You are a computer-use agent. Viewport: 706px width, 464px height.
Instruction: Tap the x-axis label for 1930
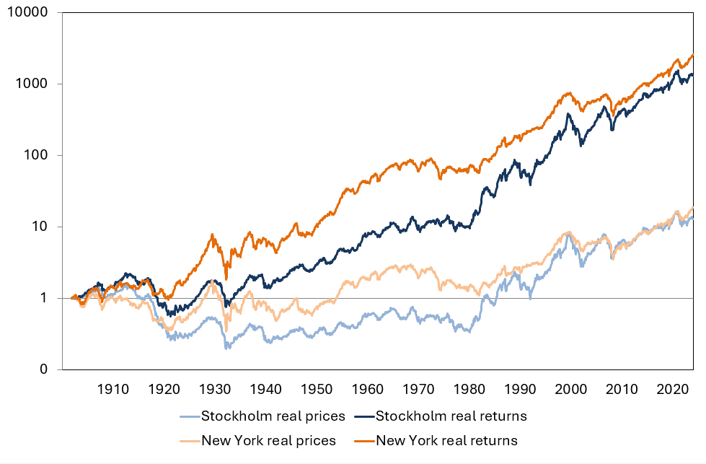pos(213,390)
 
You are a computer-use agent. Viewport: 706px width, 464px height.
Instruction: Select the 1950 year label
pos(317,390)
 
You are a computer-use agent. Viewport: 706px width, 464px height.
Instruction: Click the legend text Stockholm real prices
pos(273,416)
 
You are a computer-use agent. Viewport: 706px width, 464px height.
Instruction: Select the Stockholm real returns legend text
pos(451,416)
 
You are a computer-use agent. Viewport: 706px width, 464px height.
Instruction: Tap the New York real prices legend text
pos(269,440)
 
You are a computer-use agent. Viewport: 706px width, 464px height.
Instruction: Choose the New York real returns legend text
pos(447,440)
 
